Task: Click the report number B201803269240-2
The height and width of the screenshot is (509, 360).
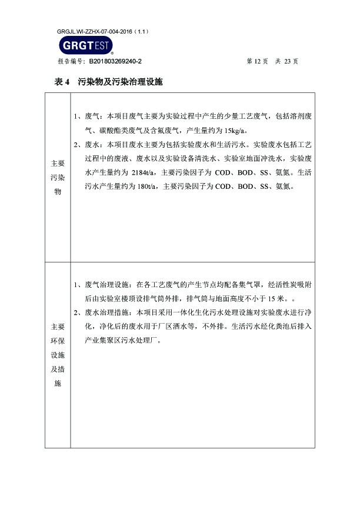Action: coord(115,61)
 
